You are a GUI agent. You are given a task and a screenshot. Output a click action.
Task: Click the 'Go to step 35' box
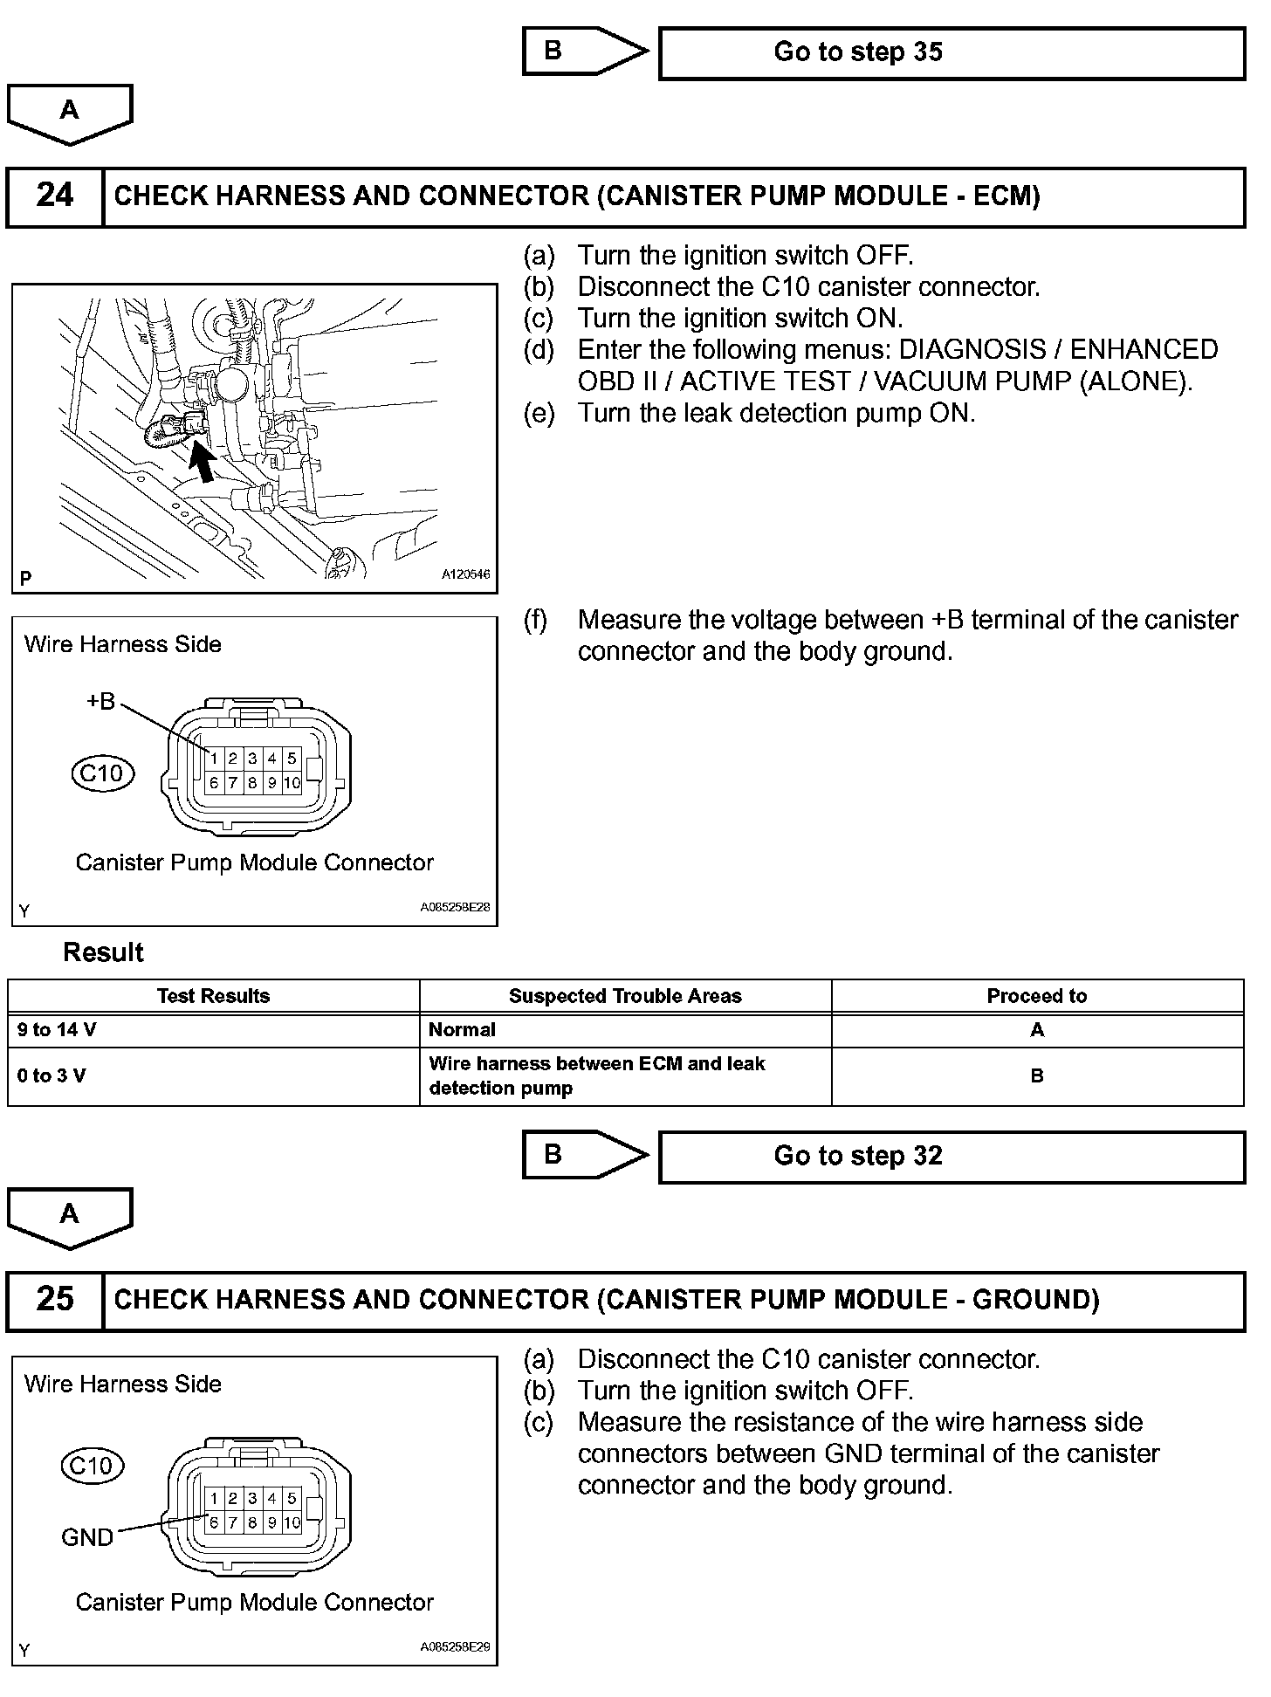tap(952, 53)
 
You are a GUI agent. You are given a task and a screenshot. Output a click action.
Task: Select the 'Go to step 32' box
tap(952, 1157)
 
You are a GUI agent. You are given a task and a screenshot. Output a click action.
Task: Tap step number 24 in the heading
tap(55, 196)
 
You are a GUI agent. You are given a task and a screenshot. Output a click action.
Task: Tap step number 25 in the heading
tap(55, 1300)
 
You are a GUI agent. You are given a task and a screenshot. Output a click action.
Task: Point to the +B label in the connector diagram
tap(100, 702)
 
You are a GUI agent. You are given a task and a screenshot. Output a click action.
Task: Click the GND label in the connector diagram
tap(87, 1537)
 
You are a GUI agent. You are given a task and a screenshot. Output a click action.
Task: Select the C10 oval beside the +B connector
tap(103, 773)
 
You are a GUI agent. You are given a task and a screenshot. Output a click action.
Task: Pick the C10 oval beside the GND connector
tap(93, 1465)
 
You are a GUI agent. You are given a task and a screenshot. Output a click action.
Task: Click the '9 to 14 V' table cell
tap(57, 1030)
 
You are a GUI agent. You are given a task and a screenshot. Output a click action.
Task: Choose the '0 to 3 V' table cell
tap(52, 1076)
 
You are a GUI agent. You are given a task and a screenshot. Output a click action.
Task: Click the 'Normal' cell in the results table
tap(462, 1030)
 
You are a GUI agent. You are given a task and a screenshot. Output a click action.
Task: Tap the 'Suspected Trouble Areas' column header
tap(625, 996)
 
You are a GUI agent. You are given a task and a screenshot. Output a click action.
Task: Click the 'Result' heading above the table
tap(103, 952)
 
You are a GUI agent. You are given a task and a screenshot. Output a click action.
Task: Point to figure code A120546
tap(465, 575)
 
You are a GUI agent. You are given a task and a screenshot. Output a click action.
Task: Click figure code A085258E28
tap(455, 907)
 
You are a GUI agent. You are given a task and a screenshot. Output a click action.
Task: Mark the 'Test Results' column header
tap(213, 996)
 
